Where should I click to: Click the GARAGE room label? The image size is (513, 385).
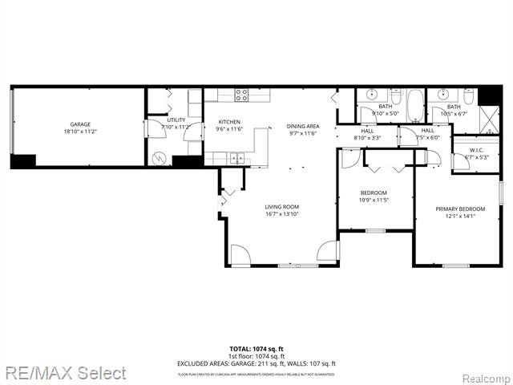tap(79, 124)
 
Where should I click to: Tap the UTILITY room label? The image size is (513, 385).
tap(176, 120)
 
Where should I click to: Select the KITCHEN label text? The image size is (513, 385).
tap(229, 122)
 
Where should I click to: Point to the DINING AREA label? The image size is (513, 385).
tap(303, 126)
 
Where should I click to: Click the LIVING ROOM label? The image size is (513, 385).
tap(282, 207)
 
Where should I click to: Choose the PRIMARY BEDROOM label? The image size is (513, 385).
tap(455, 209)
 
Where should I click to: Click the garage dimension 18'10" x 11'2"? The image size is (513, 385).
tap(79, 132)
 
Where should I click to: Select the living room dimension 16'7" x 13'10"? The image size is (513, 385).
tap(282, 214)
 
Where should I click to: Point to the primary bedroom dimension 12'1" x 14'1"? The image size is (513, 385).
tap(455, 216)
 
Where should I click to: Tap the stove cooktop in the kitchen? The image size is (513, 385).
tap(241, 95)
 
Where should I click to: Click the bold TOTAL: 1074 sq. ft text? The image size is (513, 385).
tap(256, 350)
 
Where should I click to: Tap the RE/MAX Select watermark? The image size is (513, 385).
tap(64, 373)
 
